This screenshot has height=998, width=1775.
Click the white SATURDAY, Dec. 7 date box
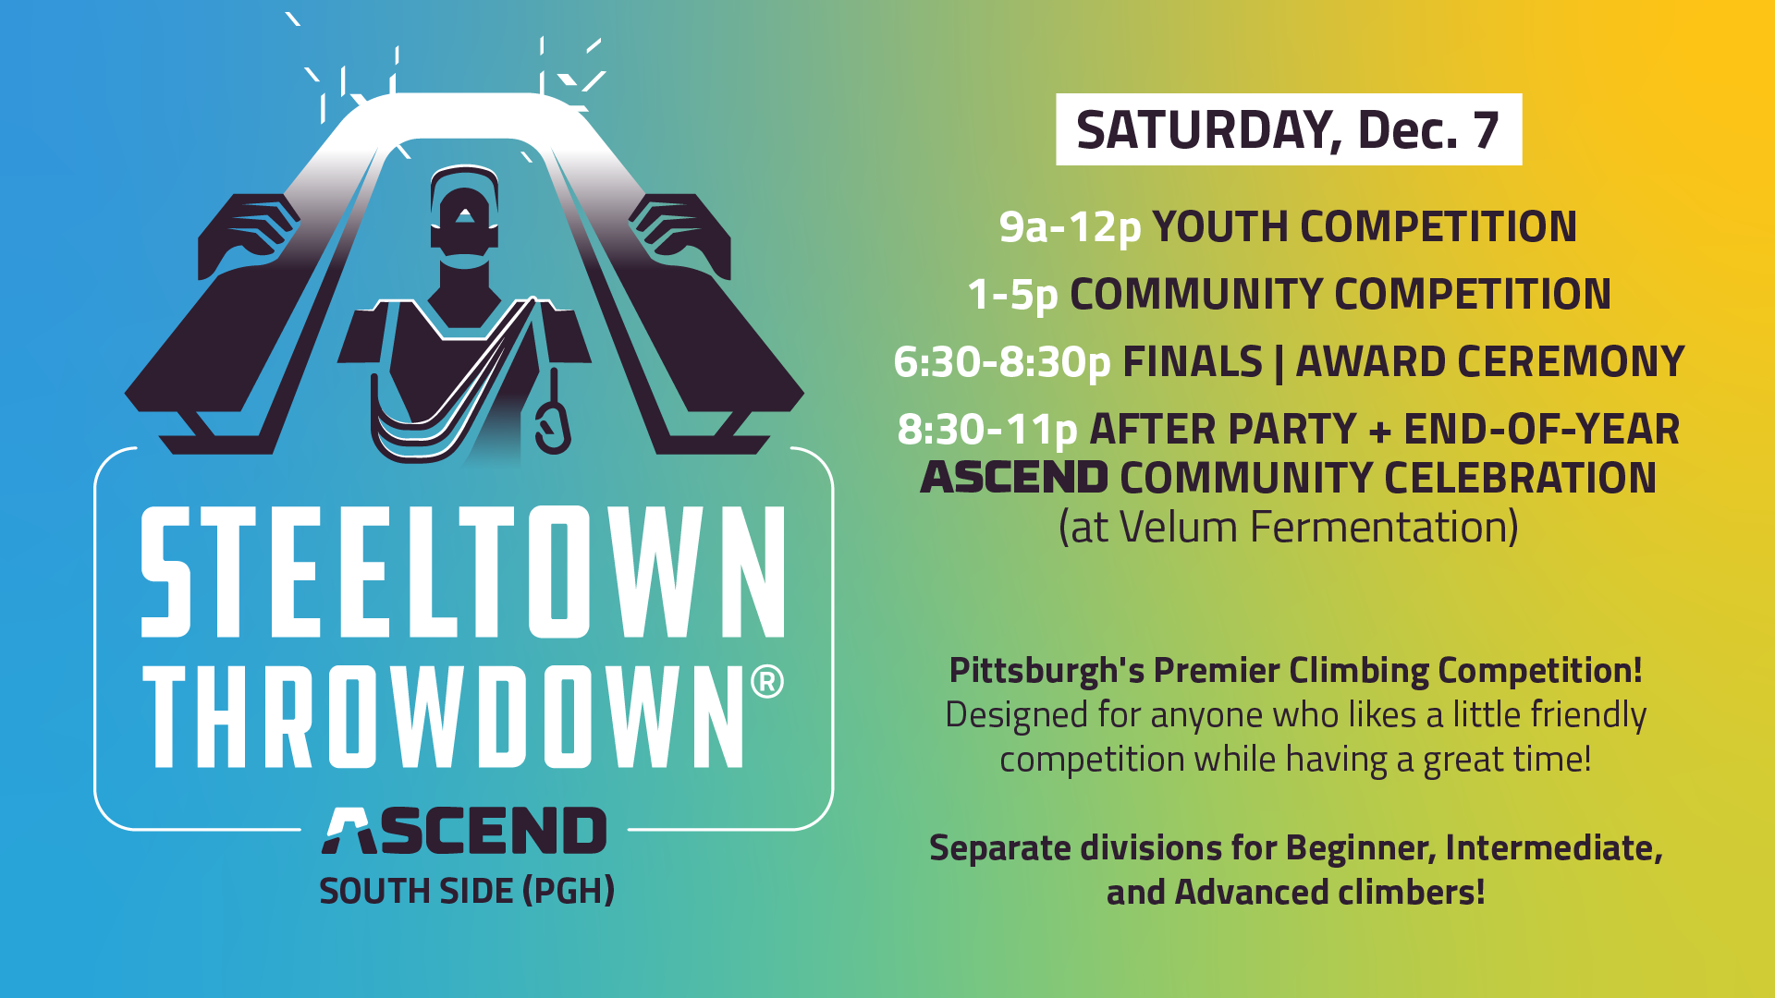[1289, 129]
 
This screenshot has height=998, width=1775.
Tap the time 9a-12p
[1070, 227]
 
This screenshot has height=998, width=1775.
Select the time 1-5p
[1012, 295]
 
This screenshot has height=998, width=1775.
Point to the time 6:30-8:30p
[1001, 362]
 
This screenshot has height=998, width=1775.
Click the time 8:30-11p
[987, 430]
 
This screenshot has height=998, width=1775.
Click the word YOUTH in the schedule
[1220, 227]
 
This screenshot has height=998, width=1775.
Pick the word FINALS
[1193, 361]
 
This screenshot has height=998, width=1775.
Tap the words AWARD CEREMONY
[1490, 361]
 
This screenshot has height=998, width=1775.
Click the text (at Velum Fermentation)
[1289, 527]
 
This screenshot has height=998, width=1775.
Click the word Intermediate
[1553, 848]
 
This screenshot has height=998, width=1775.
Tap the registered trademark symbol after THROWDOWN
[767, 682]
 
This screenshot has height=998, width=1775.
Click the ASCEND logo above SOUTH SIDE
[464, 830]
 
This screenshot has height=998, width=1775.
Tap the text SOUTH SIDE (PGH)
[467, 891]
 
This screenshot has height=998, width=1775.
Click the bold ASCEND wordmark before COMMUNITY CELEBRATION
[1014, 478]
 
